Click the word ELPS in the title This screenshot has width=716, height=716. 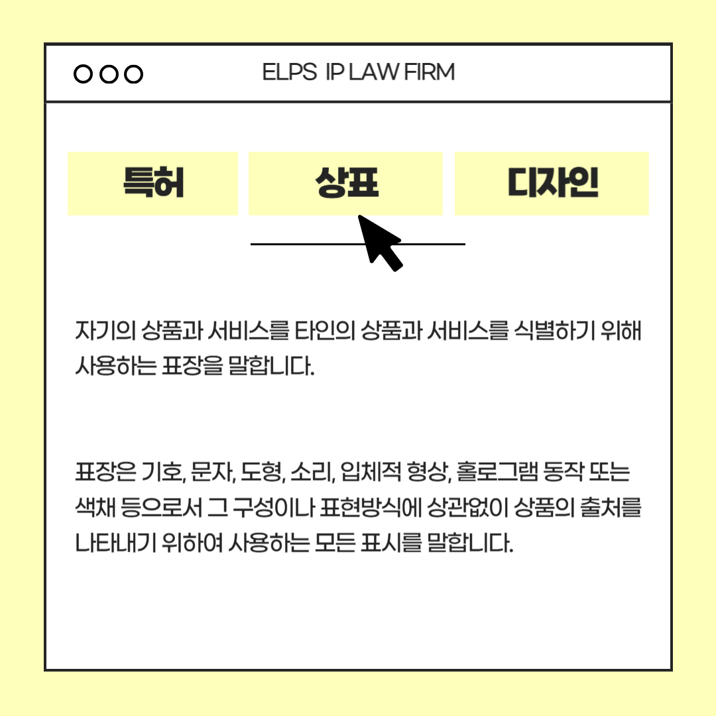point(290,72)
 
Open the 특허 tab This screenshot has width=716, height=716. point(153,183)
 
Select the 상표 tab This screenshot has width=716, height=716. point(345,183)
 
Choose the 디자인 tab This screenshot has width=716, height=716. point(552,183)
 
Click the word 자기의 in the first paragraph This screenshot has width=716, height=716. point(106,330)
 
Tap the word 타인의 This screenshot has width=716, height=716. point(325,330)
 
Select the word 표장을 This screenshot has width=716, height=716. point(193,365)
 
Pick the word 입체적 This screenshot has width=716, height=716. point(371,472)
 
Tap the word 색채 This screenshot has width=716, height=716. point(95,507)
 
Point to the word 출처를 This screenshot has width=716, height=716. point(611,507)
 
